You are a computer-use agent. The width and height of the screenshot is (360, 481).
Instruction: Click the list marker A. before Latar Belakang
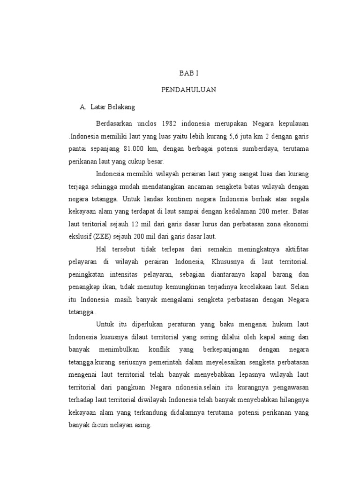click(x=83, y=107)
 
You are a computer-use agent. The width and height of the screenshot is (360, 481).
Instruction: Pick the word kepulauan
click(x=292, y=124)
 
